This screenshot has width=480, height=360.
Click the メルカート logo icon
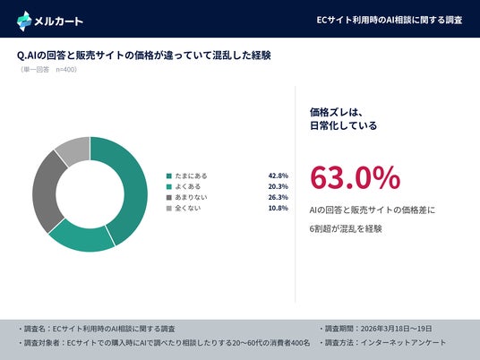24,21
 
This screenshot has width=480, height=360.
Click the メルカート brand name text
58,21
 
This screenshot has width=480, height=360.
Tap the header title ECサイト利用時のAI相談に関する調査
389,20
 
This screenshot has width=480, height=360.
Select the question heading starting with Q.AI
144,56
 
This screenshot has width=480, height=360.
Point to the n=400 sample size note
66,70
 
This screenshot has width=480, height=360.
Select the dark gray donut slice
47,192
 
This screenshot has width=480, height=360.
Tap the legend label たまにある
191,176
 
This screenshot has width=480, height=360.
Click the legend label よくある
188,186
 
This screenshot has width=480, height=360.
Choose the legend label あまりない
191,197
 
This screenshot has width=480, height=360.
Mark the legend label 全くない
188,208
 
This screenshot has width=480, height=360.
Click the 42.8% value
279,176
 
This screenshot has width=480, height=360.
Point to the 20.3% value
279,186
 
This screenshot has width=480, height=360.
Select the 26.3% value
279,197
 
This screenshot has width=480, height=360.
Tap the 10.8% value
279,208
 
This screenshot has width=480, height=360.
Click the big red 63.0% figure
356,177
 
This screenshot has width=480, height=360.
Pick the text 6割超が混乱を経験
346,228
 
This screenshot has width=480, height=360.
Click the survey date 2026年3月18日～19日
396,329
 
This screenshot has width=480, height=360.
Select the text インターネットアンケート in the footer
403,343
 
